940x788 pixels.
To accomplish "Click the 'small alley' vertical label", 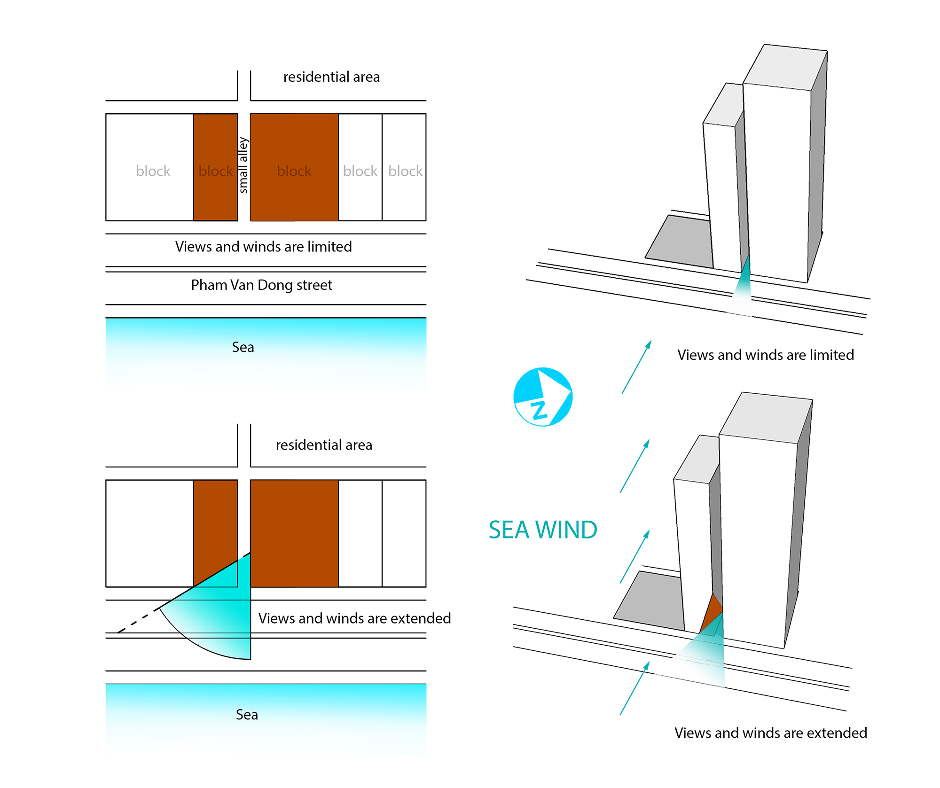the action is click(243, 165).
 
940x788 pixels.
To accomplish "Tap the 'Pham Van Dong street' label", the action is click(261, 285).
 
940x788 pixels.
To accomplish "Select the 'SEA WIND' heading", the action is click(543, 530).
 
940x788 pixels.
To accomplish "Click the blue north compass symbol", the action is click(543, 397).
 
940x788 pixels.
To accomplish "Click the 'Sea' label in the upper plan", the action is click(243, 347).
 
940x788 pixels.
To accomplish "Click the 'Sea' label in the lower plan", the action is click(247, 715).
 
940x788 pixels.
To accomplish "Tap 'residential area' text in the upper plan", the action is click(331, 77).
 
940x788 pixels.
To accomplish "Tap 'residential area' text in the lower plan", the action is click(324, 445).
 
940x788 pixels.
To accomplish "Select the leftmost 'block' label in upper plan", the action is click(153, 171).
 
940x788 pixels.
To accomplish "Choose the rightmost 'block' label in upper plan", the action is click(406, 171).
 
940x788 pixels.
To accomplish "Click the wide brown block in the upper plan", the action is click(294, 167).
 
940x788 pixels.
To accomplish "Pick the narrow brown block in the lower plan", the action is click(216, 533).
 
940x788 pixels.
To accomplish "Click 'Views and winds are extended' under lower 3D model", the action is click(771, 733).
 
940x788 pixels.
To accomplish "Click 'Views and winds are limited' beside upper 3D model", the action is click(766, 355).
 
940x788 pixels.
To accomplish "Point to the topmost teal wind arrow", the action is click(636, 367).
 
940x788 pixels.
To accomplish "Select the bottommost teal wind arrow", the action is click(634, 688).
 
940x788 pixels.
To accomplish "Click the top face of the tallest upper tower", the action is click(785, 67).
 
